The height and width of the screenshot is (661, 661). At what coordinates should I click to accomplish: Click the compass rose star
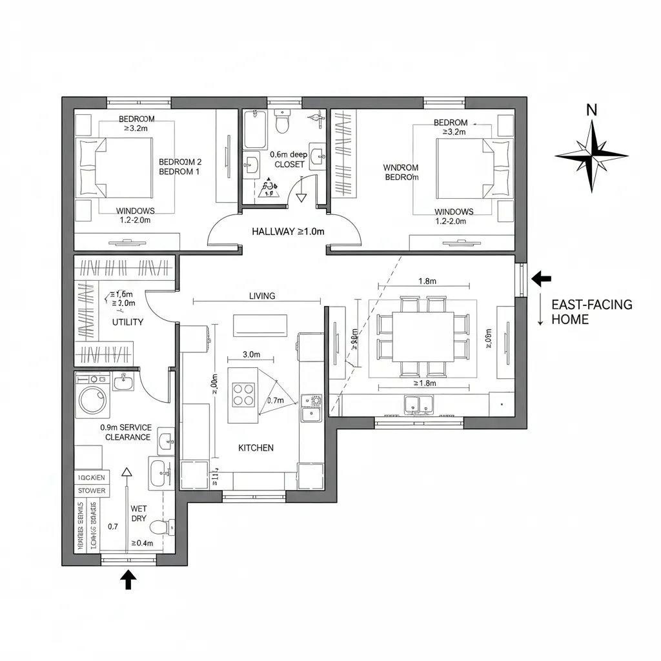[591, 156]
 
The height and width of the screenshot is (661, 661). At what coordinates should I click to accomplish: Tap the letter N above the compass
[591, 110]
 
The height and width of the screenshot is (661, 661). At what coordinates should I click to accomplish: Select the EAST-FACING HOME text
[592, 312]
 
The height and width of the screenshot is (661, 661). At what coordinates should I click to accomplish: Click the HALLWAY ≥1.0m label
[287, 231]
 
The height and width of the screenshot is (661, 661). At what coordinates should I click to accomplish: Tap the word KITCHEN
[256, 447]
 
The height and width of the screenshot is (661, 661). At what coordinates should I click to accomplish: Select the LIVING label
[262, 296]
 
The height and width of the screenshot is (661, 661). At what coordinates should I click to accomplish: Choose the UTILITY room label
[128, 321]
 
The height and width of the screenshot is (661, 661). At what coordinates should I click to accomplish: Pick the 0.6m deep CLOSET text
[288, 159]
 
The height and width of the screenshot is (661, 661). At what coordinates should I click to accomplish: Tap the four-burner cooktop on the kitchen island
[243, 394]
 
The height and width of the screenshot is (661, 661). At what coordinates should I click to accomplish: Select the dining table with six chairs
[422, 336]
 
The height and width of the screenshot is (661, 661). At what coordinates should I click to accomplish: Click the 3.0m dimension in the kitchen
[250, 354]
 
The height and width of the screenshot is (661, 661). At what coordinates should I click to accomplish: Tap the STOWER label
[92, 491]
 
